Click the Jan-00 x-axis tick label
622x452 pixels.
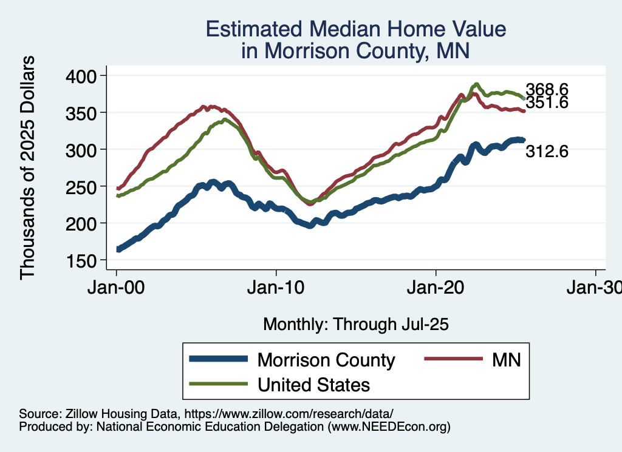116,288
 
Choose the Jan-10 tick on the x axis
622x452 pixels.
276,288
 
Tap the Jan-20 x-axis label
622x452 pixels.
436,288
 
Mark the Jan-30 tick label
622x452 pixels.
594,288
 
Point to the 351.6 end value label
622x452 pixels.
547,103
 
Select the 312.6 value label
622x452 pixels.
547,152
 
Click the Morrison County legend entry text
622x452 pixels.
326,360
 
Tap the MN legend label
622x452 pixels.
507,360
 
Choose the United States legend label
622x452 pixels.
313,384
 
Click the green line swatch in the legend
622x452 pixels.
218,384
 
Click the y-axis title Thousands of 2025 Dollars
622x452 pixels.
28,167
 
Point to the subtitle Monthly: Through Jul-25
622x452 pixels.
355,325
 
